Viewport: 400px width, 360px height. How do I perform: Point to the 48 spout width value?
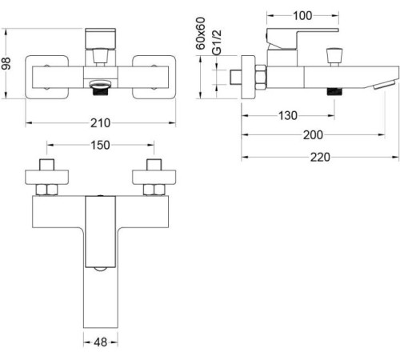point(101,341)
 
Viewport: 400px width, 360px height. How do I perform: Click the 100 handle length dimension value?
point(303,14)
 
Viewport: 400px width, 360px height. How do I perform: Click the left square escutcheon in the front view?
point(46,78)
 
